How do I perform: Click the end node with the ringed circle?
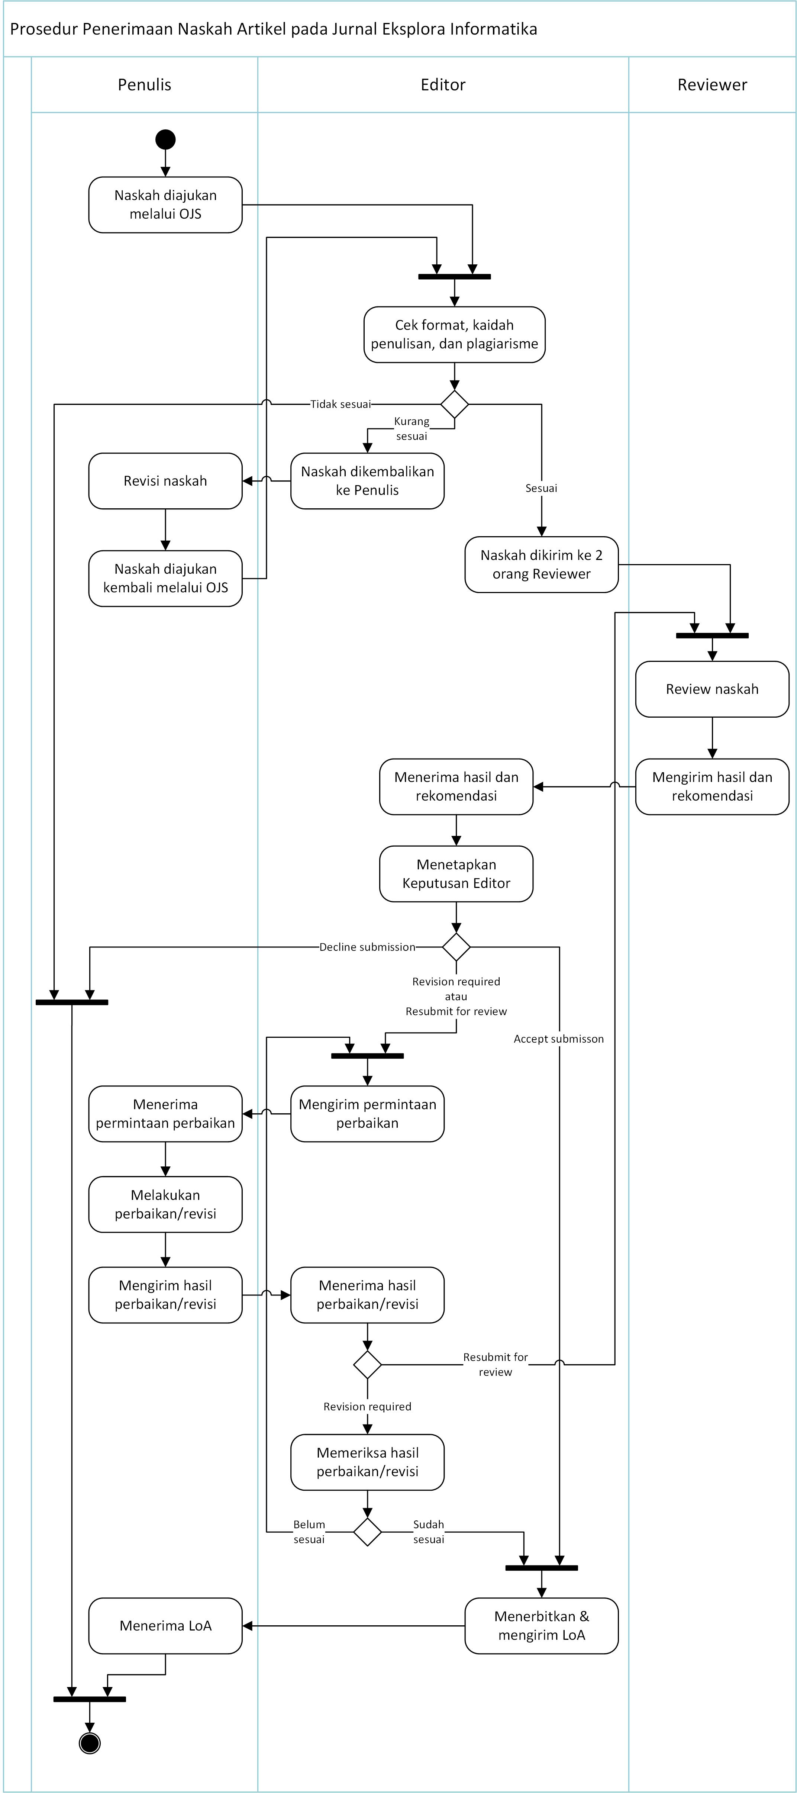click(90, 1743)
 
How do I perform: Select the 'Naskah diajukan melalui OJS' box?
click(166, 205)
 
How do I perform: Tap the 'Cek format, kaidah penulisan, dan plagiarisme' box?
click(455, 335)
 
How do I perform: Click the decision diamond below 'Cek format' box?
click(455, 405)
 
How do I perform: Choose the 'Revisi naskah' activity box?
click(166, 481)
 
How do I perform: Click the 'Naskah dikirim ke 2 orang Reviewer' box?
click(542, 564)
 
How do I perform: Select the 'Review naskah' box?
click(712, 689)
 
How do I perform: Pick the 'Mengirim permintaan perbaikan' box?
click(368, 1114)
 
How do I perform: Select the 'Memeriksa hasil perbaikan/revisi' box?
click(368, 1462)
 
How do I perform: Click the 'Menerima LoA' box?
click(166, 1626)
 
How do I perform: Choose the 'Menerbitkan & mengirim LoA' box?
click(542, 1626)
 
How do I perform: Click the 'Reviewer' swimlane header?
click(712, 85)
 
